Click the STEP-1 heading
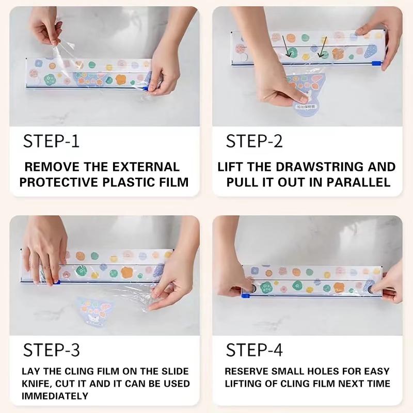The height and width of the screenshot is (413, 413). pos(52,141)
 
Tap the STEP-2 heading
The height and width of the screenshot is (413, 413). pos(255,141)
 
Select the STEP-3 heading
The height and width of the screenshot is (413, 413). pos(52,351)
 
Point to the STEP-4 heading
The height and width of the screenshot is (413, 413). pos(255,351)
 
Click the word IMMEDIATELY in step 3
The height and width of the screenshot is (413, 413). pos(55,396)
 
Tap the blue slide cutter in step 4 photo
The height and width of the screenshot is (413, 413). pos(246,296)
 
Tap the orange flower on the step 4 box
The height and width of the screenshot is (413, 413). pos(297,272)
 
